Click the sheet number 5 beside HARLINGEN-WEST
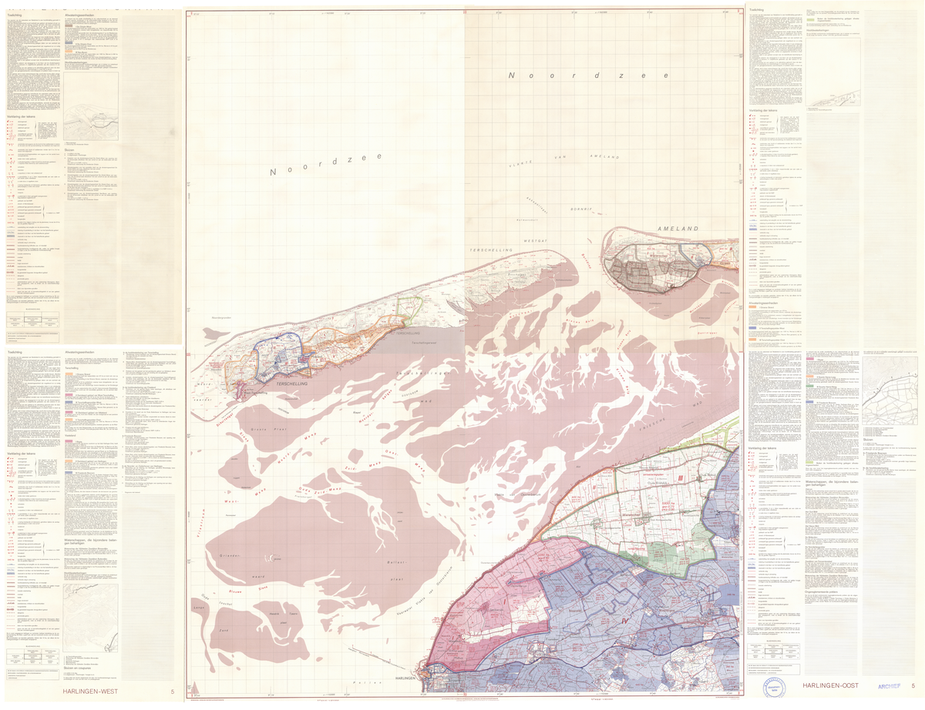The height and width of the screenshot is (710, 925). click(172, 692)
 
